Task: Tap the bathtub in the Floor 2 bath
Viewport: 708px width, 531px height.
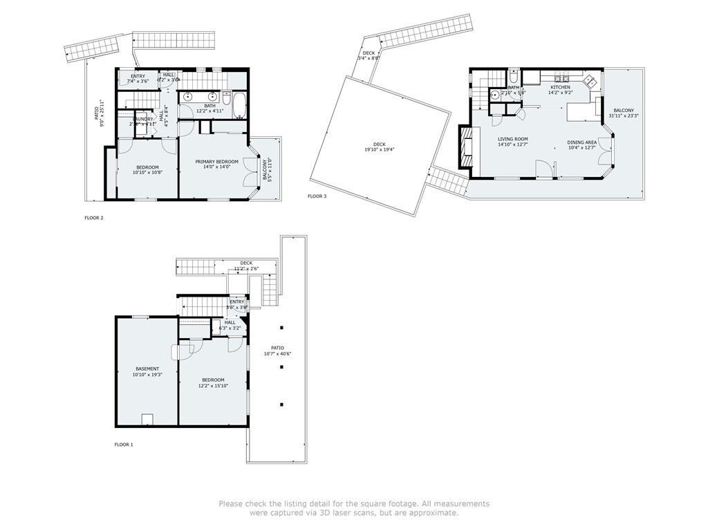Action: point(239,106)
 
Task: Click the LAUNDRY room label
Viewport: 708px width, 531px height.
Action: point(143,119)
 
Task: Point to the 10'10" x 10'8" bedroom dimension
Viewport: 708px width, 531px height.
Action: point(147,173)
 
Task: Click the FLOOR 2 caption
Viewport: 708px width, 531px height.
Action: point(93,218)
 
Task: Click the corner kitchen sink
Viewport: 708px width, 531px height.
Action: point(592,80)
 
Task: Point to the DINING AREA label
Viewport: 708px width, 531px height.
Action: point(581,141)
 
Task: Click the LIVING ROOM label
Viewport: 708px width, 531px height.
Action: point(512,139)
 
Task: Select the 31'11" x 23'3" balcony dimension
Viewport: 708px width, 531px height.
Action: point(624,116)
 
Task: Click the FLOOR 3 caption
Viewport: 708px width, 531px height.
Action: point(317,196)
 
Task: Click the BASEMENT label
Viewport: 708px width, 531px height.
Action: point(147,369)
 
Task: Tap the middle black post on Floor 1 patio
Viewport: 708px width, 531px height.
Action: point(281,367)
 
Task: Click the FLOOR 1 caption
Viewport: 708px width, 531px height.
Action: point(124,445)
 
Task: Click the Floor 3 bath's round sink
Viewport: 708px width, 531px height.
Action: point(495,94)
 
